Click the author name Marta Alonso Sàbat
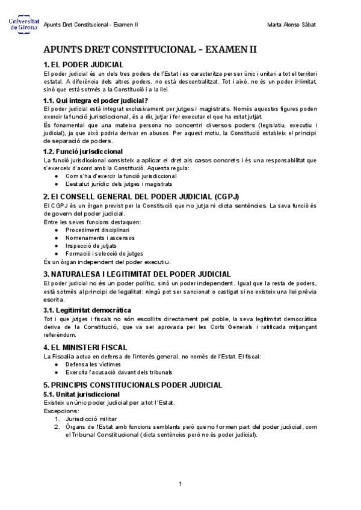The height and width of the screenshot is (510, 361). tap(291, 25)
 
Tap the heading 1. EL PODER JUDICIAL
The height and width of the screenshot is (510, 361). tap(84, 64)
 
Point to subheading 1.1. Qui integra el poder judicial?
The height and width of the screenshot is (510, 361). tap(96, 100)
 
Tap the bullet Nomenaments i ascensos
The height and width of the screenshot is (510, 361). tap(100, 238)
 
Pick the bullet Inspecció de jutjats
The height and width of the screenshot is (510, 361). tap(91, 246)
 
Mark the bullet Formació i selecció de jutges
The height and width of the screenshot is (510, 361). tap(104, 254)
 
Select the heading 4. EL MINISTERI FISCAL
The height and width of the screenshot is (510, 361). tap(85, 347)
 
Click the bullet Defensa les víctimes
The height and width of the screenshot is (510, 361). tap(93, 364)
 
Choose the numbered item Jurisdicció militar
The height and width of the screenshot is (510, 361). tap(91, 418)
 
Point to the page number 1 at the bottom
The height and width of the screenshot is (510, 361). tap(180, 484)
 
